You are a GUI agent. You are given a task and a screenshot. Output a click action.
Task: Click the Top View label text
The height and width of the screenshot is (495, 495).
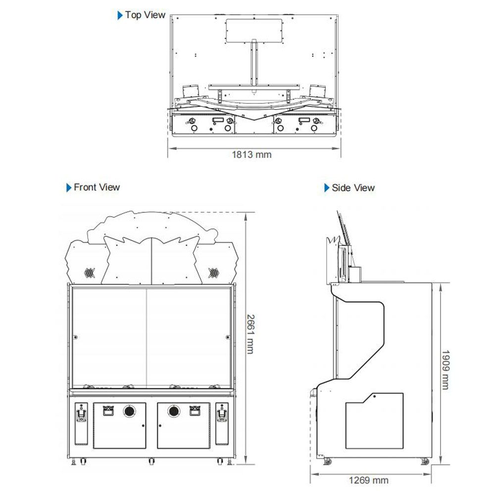tap(145, 15)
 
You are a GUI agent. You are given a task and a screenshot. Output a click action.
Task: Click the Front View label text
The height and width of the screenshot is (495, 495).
tap(97, 187)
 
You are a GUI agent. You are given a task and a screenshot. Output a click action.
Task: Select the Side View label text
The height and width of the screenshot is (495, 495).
tap(353, 188)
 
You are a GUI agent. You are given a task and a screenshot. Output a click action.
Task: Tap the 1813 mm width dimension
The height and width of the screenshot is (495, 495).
tap(251, 154)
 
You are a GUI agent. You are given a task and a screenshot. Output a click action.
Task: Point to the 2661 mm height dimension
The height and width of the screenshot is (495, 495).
tap(250, 334)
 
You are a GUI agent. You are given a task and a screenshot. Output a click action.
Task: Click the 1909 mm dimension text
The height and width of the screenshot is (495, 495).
tap(445, 370)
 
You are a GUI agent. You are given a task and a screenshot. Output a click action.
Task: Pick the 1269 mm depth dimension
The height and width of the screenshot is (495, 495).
tap(368, 481)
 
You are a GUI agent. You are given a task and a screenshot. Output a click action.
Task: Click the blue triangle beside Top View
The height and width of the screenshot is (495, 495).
tap(120, 15)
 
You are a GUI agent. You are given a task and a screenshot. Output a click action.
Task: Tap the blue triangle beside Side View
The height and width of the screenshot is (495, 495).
tap(327, 188)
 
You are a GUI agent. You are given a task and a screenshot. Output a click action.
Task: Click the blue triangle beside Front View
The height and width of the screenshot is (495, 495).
tap(69, 188)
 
